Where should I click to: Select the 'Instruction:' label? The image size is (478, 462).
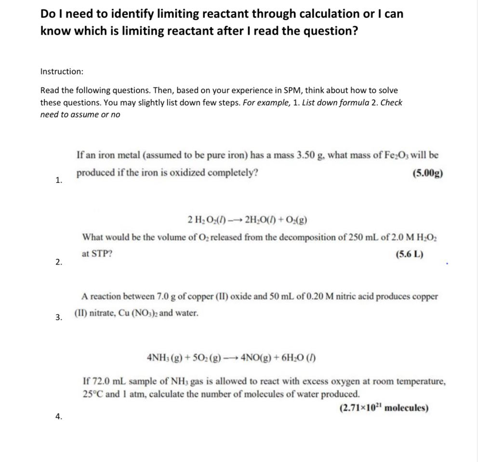click(x=62, y=71)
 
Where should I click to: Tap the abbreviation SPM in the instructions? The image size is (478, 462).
click(x=263, y=90)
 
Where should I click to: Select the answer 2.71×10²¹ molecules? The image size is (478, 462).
click(x=384, y=408)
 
